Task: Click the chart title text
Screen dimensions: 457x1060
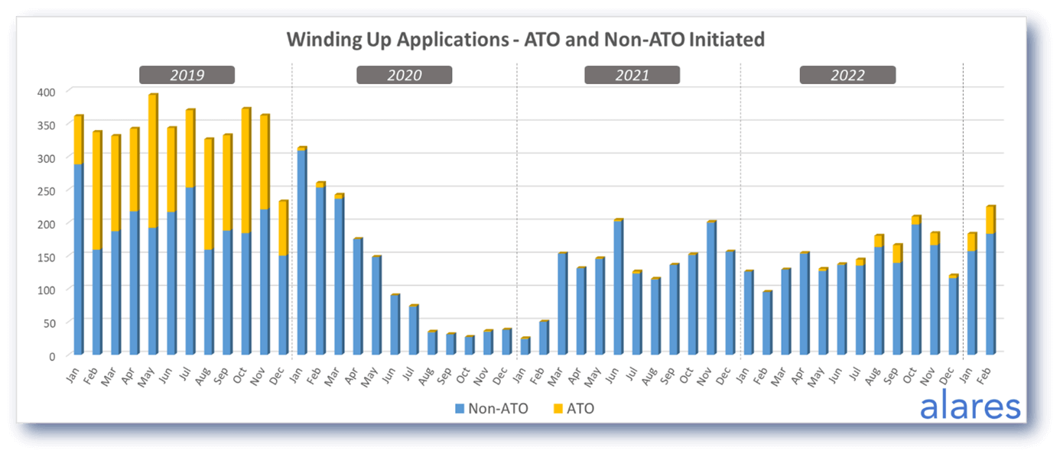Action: point(525,39)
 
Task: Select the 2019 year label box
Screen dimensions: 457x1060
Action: point(187,75)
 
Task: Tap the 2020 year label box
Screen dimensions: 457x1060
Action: point(404,75)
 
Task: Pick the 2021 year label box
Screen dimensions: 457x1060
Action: point(632,75)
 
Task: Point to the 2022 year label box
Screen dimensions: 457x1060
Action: point(847,75)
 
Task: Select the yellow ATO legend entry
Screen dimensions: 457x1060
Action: point(573,409)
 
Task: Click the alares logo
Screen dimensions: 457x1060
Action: point(970,406)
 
